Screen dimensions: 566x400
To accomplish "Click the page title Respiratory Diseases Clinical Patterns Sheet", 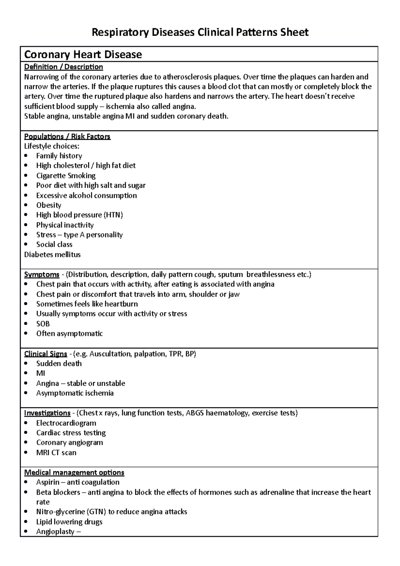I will pos(200,32).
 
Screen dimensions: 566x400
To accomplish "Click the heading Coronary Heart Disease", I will pos(83,54).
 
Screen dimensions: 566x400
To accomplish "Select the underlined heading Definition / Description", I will pos(63,67).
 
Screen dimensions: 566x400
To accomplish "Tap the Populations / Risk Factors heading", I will pos(67,137).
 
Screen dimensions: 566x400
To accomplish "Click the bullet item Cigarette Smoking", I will pos(66,176).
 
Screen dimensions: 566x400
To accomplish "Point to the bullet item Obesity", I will pos(49,205).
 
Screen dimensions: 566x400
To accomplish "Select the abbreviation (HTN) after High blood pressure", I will pos(113,215).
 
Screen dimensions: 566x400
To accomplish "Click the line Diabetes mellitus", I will pos(52,255).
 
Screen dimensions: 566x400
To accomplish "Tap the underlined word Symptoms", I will pos(42,275).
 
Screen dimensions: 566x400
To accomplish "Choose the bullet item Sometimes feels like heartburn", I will pos(87,304).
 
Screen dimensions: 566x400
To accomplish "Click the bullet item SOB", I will pos(43,324).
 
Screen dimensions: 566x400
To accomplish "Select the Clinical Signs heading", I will pos(46,354).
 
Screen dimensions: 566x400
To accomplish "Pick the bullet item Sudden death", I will pos(59,364).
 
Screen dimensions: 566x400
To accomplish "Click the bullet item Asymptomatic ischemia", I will pos(75,393).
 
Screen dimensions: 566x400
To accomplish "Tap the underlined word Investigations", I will pos(47,413).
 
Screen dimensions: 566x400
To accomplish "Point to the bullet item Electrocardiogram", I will pos(66,423).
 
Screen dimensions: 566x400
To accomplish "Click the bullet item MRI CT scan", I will pos(56,453).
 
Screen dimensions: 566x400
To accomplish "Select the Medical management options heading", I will pos(74,473).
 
